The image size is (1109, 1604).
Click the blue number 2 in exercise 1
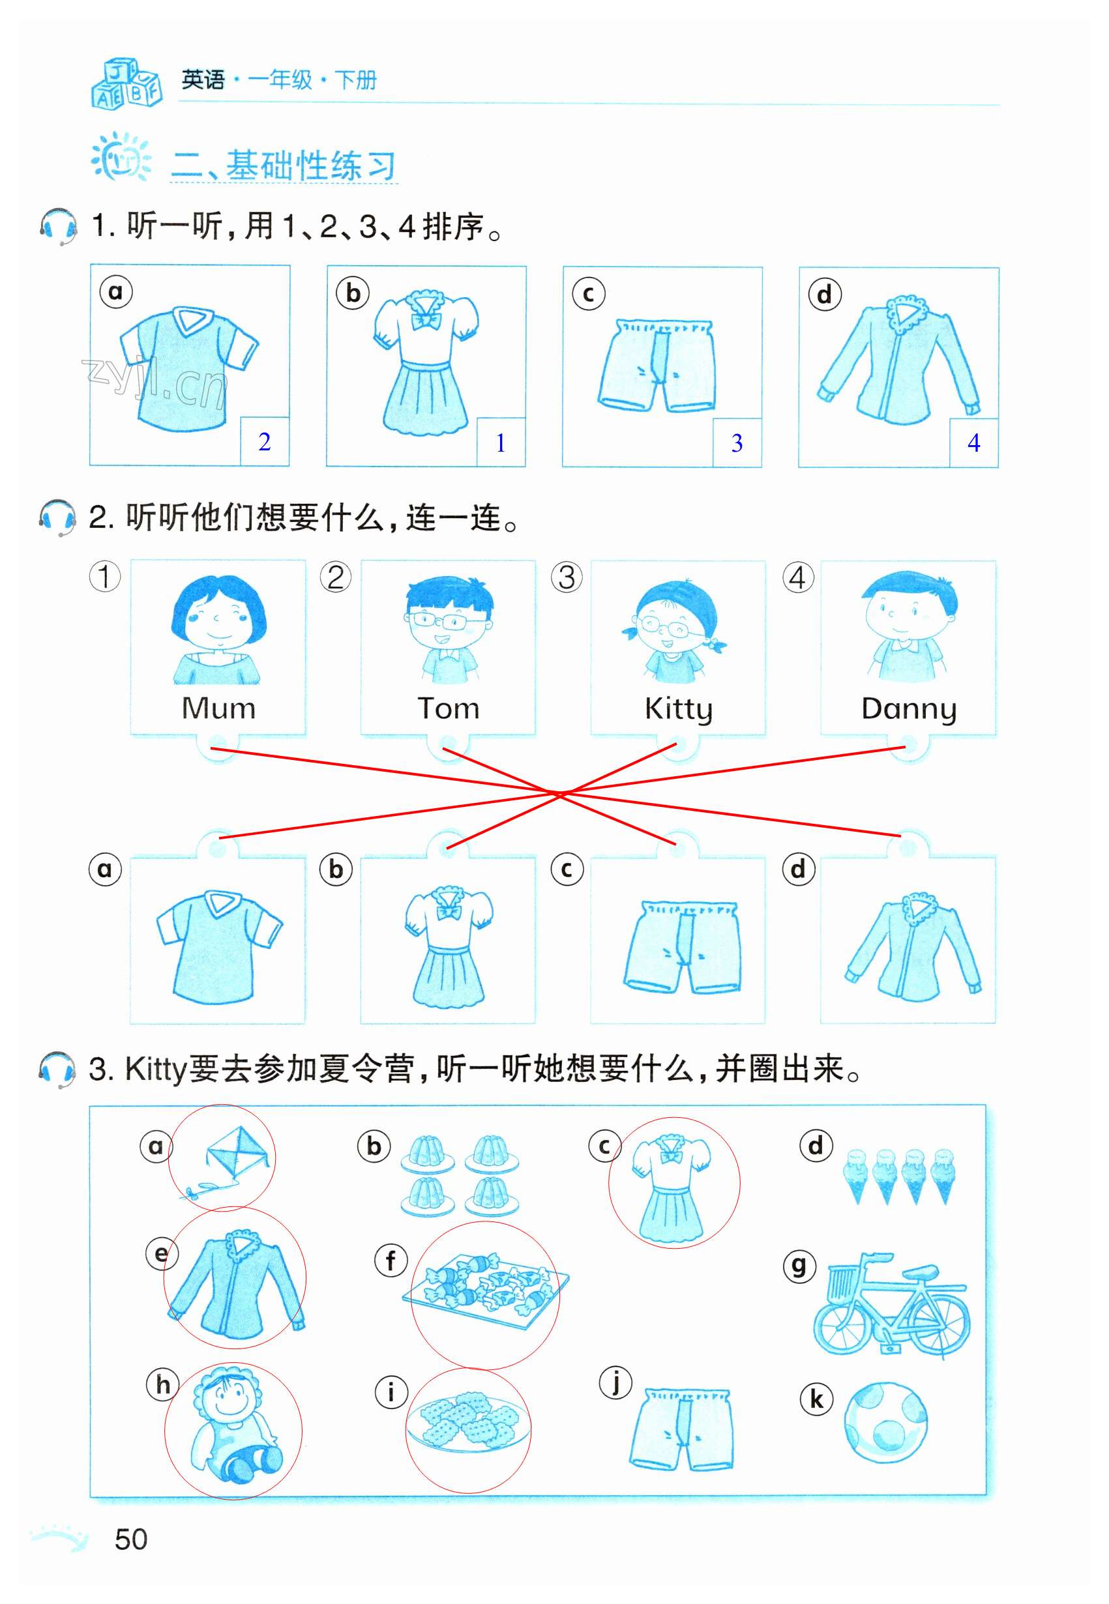tap(264, 442)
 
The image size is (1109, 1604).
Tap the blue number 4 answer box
tap(973, 443)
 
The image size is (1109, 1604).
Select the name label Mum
tap(218, 708)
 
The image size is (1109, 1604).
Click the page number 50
tap(130, 1539)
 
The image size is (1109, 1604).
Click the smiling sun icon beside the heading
tap(121, 157)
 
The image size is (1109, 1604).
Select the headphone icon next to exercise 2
tap(57, 518)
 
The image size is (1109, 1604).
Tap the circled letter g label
tap(799, 1265)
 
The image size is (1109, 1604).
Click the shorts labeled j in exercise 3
tap(681, 1429)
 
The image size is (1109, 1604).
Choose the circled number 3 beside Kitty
tap(567, 577)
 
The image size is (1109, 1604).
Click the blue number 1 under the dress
tap(500, 443)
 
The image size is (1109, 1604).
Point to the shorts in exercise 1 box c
tap(656, 366)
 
